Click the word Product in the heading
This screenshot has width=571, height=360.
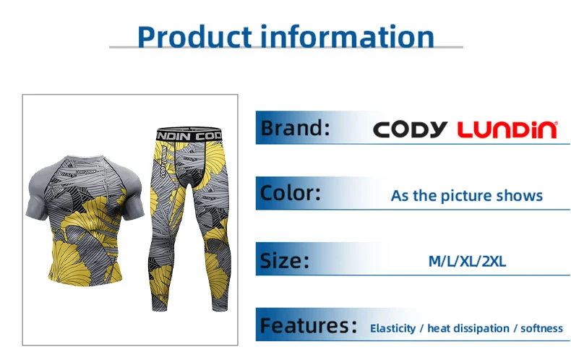click(195, 36)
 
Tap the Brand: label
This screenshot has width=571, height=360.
click(296, 128)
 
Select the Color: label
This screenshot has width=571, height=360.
click(291, 193)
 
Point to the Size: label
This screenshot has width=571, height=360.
click(284, 260)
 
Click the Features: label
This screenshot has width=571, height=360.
click(309, 325)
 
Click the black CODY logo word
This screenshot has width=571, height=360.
click(411, 129)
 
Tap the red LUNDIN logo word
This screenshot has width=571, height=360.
click(507, 129)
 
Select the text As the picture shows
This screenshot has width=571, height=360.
click(466, 196)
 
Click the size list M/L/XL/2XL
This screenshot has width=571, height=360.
click(467, 261)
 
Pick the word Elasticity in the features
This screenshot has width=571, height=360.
click(392, 328)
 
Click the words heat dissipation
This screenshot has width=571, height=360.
click(468, 328)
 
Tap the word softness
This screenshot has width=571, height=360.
click(541, 328)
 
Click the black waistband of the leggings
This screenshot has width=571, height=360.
click(189, 134)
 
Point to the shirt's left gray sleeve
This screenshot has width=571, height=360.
click(38, 193)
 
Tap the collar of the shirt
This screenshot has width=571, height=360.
click(85, 158)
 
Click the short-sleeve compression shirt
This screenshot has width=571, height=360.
click(85, 220)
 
